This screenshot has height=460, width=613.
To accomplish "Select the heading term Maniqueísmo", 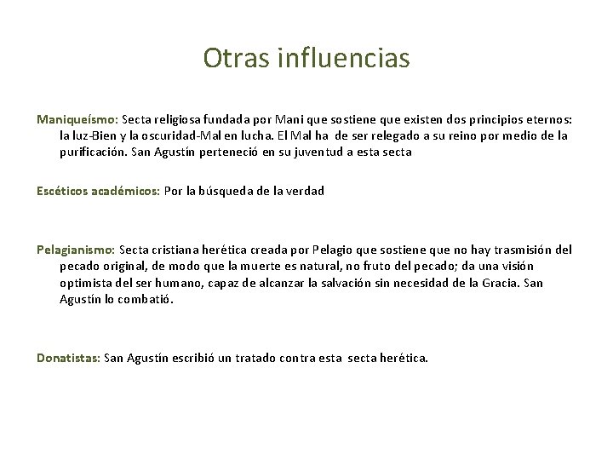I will tap(78, 120).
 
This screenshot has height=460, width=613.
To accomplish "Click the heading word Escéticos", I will tap(60, 192).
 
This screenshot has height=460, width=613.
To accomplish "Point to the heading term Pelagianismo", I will tap(76, 250).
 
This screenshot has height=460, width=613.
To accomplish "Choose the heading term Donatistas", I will tap(68, 358).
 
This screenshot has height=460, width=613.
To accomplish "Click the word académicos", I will tap(124, 192).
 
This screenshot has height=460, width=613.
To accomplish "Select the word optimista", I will tap(85, 283).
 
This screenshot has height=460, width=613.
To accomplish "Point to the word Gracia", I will tap(501, 283).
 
